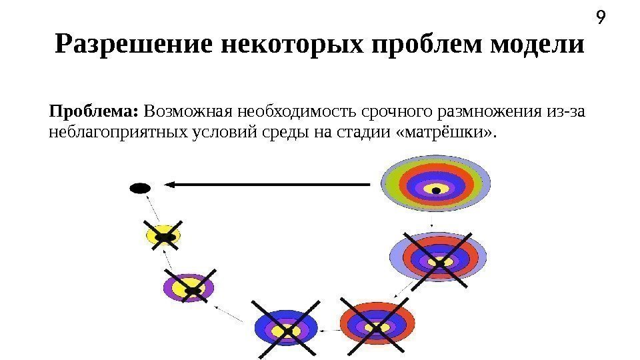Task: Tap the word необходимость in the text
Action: pyautogui.click(x=288, y=110)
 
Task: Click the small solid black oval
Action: pyautogui.click(x=139, y=188)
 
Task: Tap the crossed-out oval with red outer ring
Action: pyautogui.click(x=376, y=327)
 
